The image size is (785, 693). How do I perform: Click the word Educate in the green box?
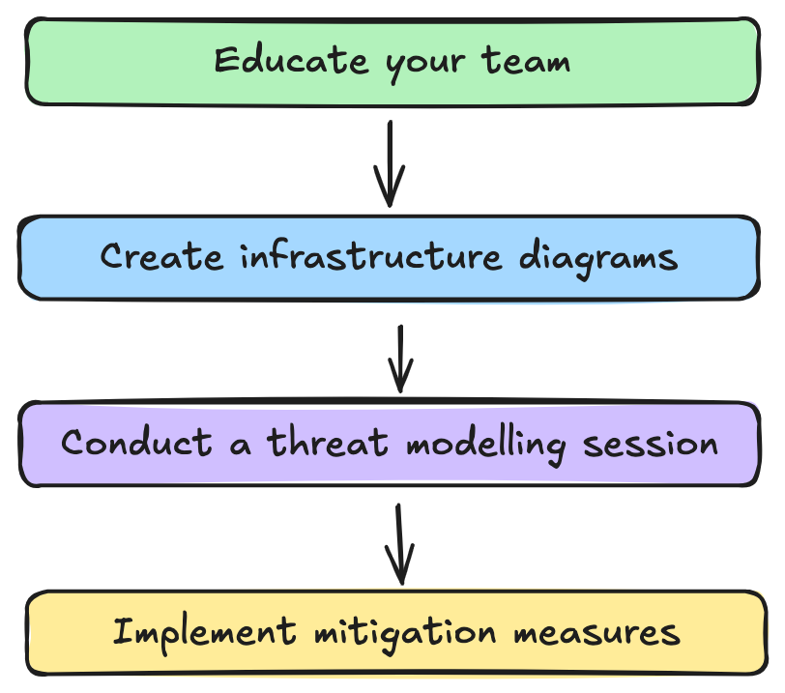coord(291,60)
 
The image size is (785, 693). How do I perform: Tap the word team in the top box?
coord(526,61)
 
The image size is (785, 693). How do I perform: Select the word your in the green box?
coord(425,66)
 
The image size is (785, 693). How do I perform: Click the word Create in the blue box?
coord(161,256)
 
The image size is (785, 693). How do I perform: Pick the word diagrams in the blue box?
coord(598,259)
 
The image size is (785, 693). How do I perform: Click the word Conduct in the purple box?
coord(136,442)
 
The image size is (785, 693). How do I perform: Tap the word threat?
coord(328,442)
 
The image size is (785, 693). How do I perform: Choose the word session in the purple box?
coord(651,445)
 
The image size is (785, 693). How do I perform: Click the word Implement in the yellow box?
coord(204,634)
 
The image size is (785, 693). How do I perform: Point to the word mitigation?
coord(405,634)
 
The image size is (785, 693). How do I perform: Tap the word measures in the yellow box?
coord(596,632)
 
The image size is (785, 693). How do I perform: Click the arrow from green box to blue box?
coord(390,163)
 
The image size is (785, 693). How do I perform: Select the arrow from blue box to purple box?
coord(400,360)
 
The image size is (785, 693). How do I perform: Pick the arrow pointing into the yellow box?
coord(399,544)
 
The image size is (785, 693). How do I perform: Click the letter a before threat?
coord(240,446)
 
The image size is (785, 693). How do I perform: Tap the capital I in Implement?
coord(124,630)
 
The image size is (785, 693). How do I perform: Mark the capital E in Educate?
coord(226,60)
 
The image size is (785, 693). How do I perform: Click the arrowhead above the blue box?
coord(390,186)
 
